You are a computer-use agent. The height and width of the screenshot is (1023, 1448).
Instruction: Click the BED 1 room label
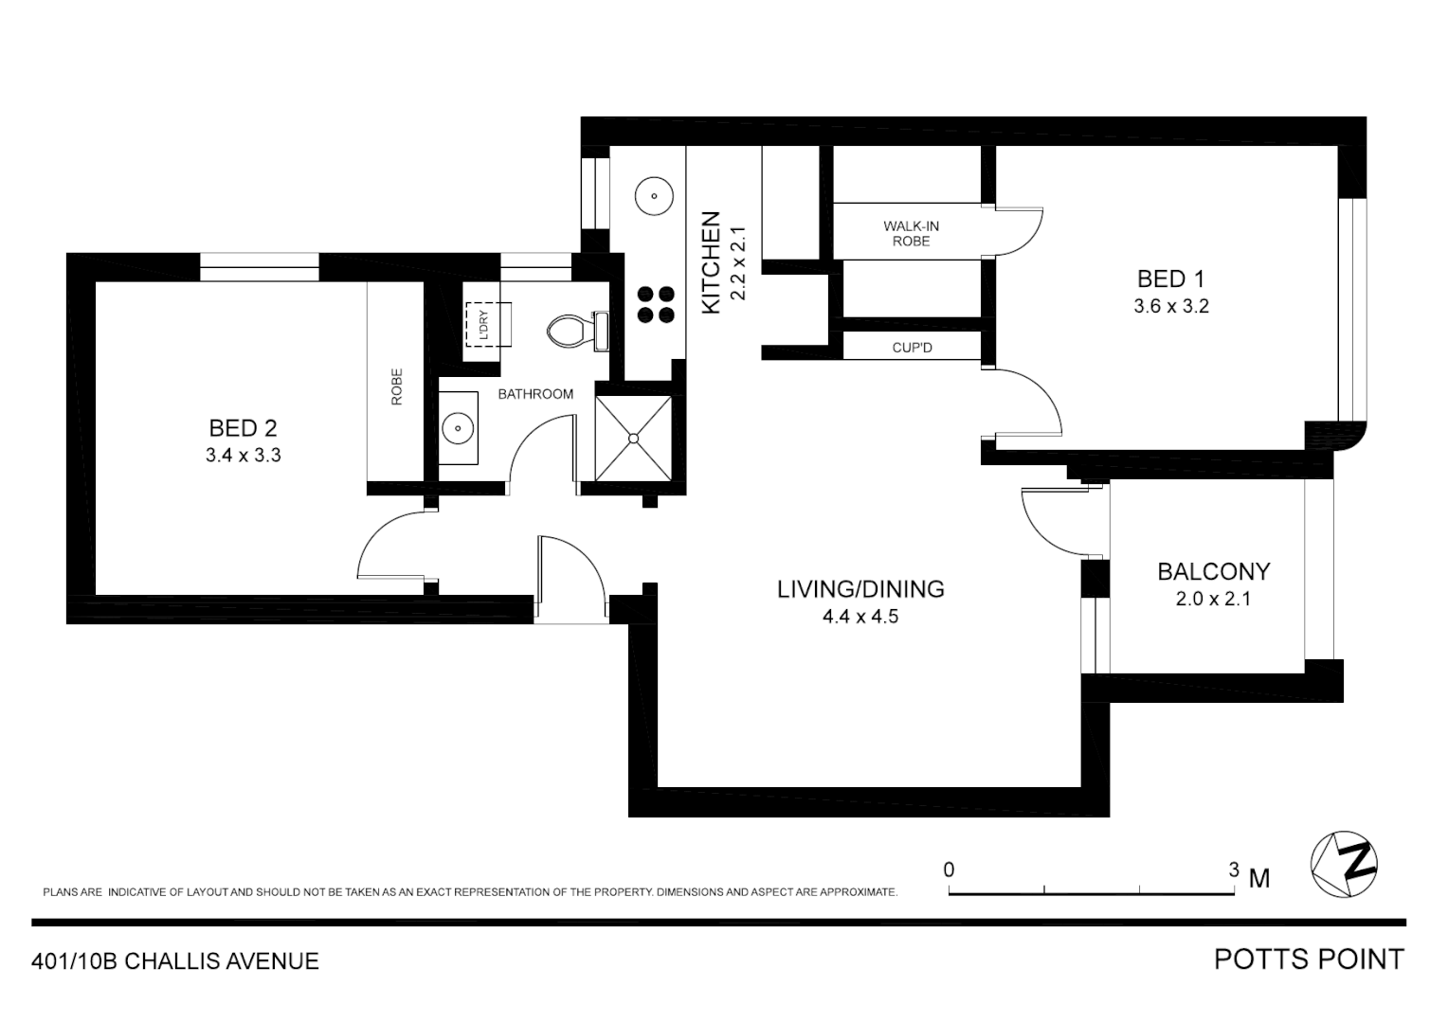(x=1170, y=279)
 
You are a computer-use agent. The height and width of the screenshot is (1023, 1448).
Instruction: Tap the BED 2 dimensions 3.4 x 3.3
(x=243, y=456)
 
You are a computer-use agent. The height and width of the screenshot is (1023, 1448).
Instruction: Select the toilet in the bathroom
(x=569, y=330)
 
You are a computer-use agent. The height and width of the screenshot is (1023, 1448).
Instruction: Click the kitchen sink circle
(x=653, y=198)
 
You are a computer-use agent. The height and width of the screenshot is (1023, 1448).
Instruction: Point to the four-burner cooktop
(x=656, y=304)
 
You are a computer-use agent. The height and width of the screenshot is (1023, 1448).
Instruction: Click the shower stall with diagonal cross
(x=633, y=438)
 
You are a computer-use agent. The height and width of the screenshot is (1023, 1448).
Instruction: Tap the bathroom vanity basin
(x=459, y=428)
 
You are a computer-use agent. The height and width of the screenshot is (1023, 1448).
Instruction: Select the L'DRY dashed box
(x=483, y=325)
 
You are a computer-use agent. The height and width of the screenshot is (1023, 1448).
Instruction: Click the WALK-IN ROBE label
(x=911, y=233)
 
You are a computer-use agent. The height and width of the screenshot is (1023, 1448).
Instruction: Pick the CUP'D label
(x=912, y=348)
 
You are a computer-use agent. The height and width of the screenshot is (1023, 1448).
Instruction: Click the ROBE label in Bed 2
(x=396, y=386)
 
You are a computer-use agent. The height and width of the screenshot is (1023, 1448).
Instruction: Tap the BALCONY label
(x=1213, y=572)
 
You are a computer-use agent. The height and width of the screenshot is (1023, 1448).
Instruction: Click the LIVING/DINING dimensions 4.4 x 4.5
(x=860, y=617)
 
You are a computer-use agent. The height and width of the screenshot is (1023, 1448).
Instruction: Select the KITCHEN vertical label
(x=712, y=261)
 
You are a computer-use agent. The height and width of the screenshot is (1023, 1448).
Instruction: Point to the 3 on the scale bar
(x=1234, y=870)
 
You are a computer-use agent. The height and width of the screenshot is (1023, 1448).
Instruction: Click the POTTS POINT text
(x=1309, y=960)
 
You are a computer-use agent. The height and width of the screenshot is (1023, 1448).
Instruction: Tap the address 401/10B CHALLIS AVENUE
(x=175, y=961)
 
